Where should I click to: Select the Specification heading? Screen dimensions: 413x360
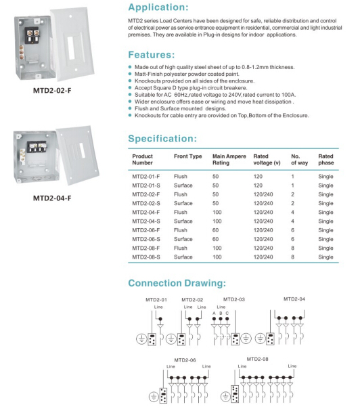point(162,139)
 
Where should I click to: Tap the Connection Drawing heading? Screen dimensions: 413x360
point(177,283)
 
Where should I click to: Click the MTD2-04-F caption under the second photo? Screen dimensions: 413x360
point(52,199)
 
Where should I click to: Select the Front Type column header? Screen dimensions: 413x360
point(187,156)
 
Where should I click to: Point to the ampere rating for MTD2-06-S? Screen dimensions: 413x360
point(217,239)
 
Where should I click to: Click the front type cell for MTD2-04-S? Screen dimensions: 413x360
point(185,221)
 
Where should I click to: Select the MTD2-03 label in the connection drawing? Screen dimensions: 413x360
point(233,299)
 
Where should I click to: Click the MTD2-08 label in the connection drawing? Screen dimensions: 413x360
point(257,358)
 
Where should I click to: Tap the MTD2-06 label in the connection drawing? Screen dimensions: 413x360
point(184,360)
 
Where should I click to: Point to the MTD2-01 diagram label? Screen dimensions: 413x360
point(156,299)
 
